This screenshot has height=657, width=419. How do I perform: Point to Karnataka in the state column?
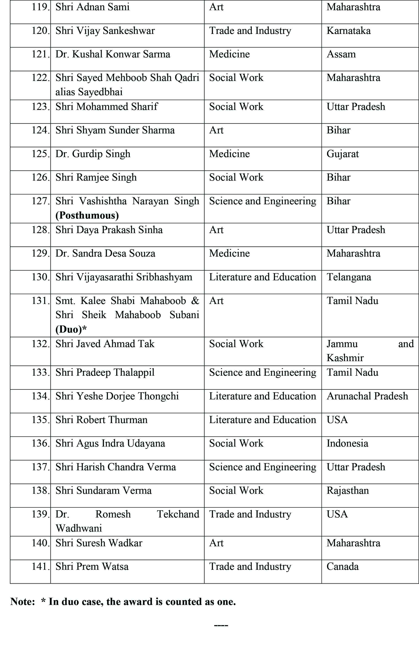[x=348, y=31]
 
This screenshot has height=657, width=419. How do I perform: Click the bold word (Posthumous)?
[x=87, y=216]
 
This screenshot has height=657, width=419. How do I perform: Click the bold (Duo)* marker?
[x=71, y=330]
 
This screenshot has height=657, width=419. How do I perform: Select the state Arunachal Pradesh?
[x=367, y=396]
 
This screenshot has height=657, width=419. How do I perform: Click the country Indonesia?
[x=347, y=443]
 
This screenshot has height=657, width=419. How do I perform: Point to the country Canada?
[x=342, y=567]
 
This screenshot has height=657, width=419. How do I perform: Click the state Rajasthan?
[x=347, y=491]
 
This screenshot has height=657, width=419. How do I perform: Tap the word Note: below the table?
[x=23, y=602]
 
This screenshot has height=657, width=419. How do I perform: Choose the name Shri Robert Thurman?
[x=101, y=420]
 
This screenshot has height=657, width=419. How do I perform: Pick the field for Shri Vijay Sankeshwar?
[x=250, y=31]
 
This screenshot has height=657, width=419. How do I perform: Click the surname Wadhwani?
[x=79, y=529]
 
